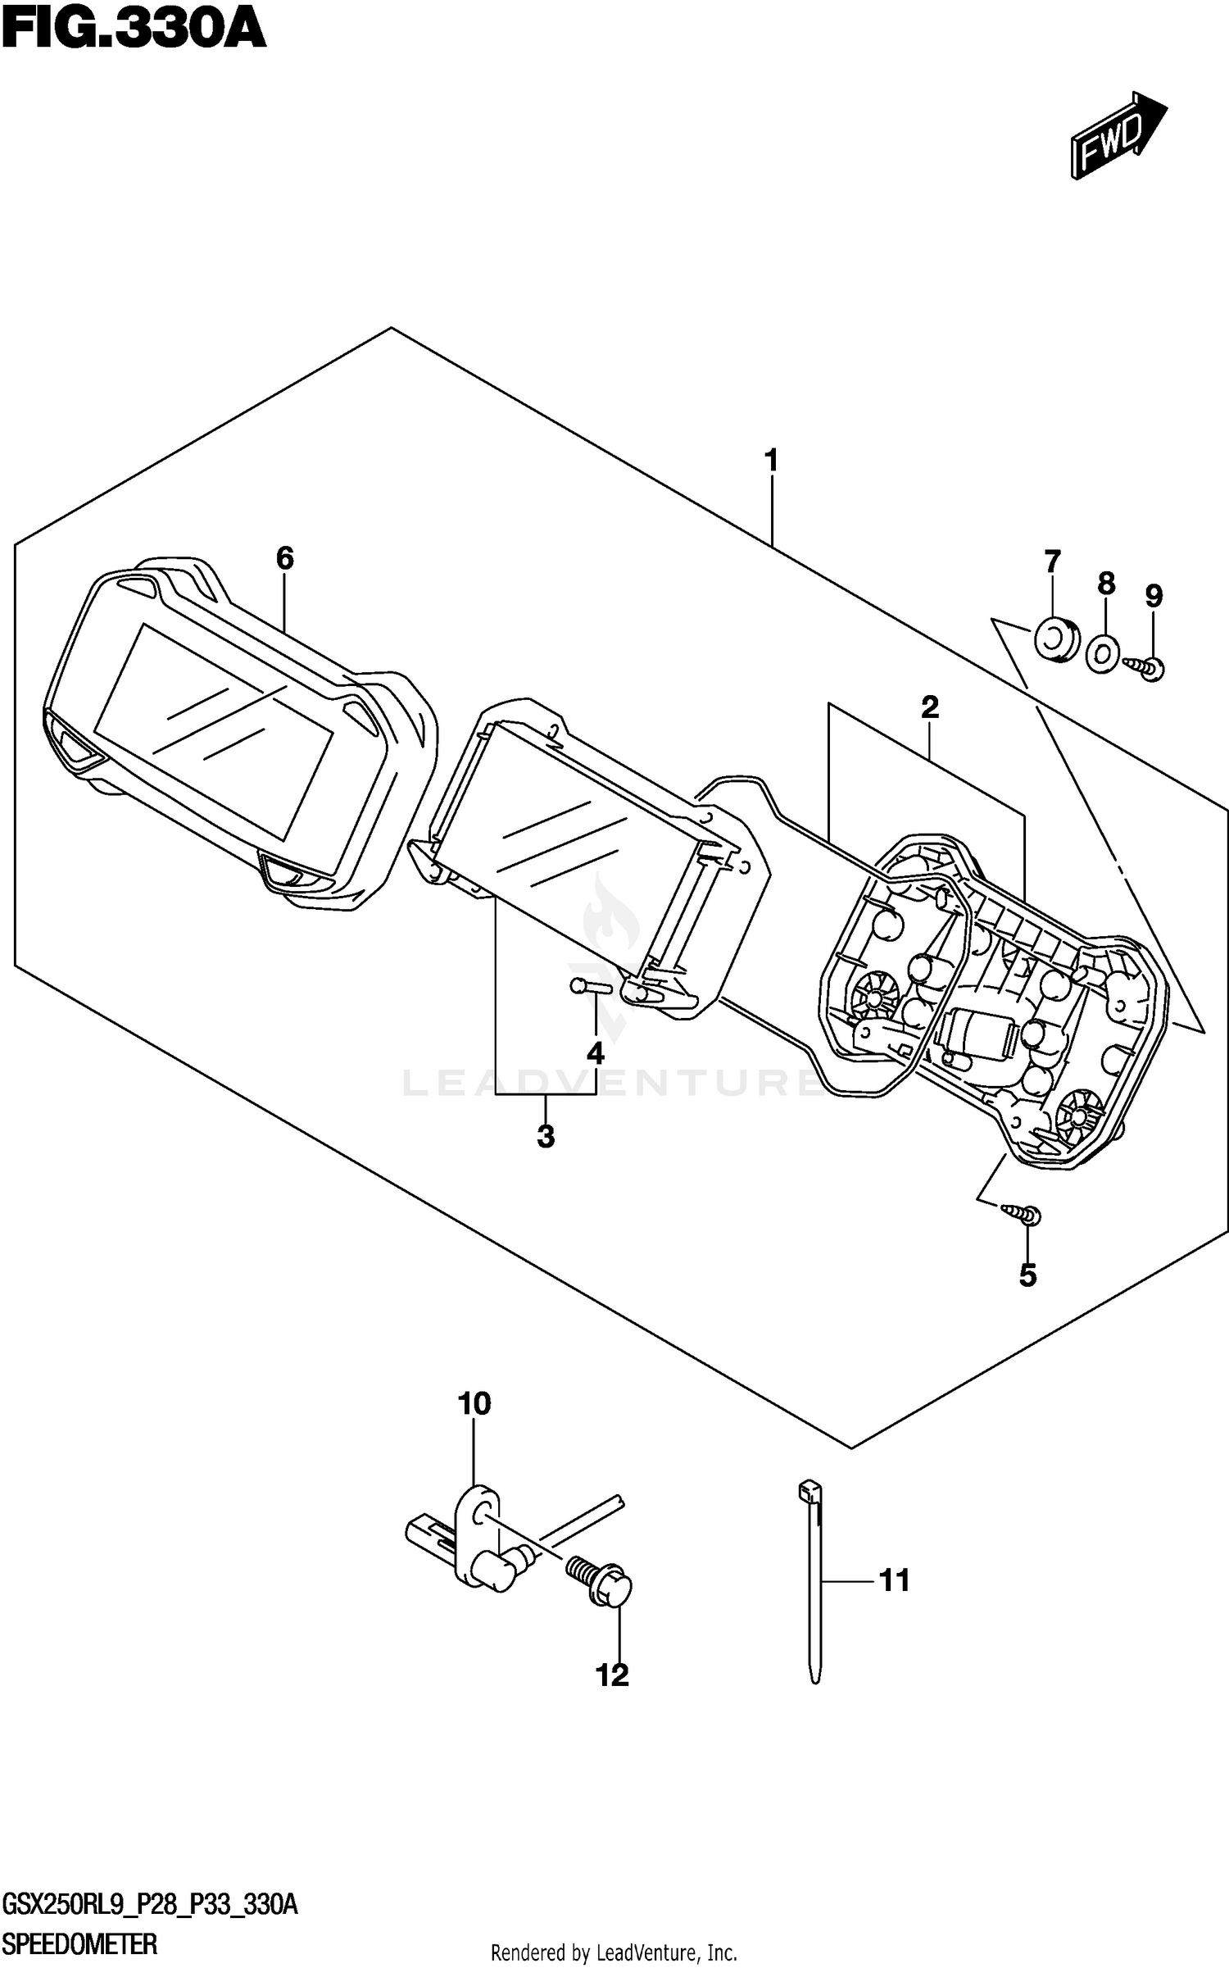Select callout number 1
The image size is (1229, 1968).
click(x=770, y=461)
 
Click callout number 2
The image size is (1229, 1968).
click(x=929, y=707)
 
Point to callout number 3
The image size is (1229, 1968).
click(x=546, y=1137)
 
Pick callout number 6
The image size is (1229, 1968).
click(x=284, y=559)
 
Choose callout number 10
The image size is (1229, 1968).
click(x=474, y=1404)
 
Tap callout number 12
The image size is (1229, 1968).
click(x=612, y=1675)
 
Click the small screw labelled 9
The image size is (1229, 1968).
click(x=1147, y=667)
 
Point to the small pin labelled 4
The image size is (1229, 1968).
click(x=589, y=986)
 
